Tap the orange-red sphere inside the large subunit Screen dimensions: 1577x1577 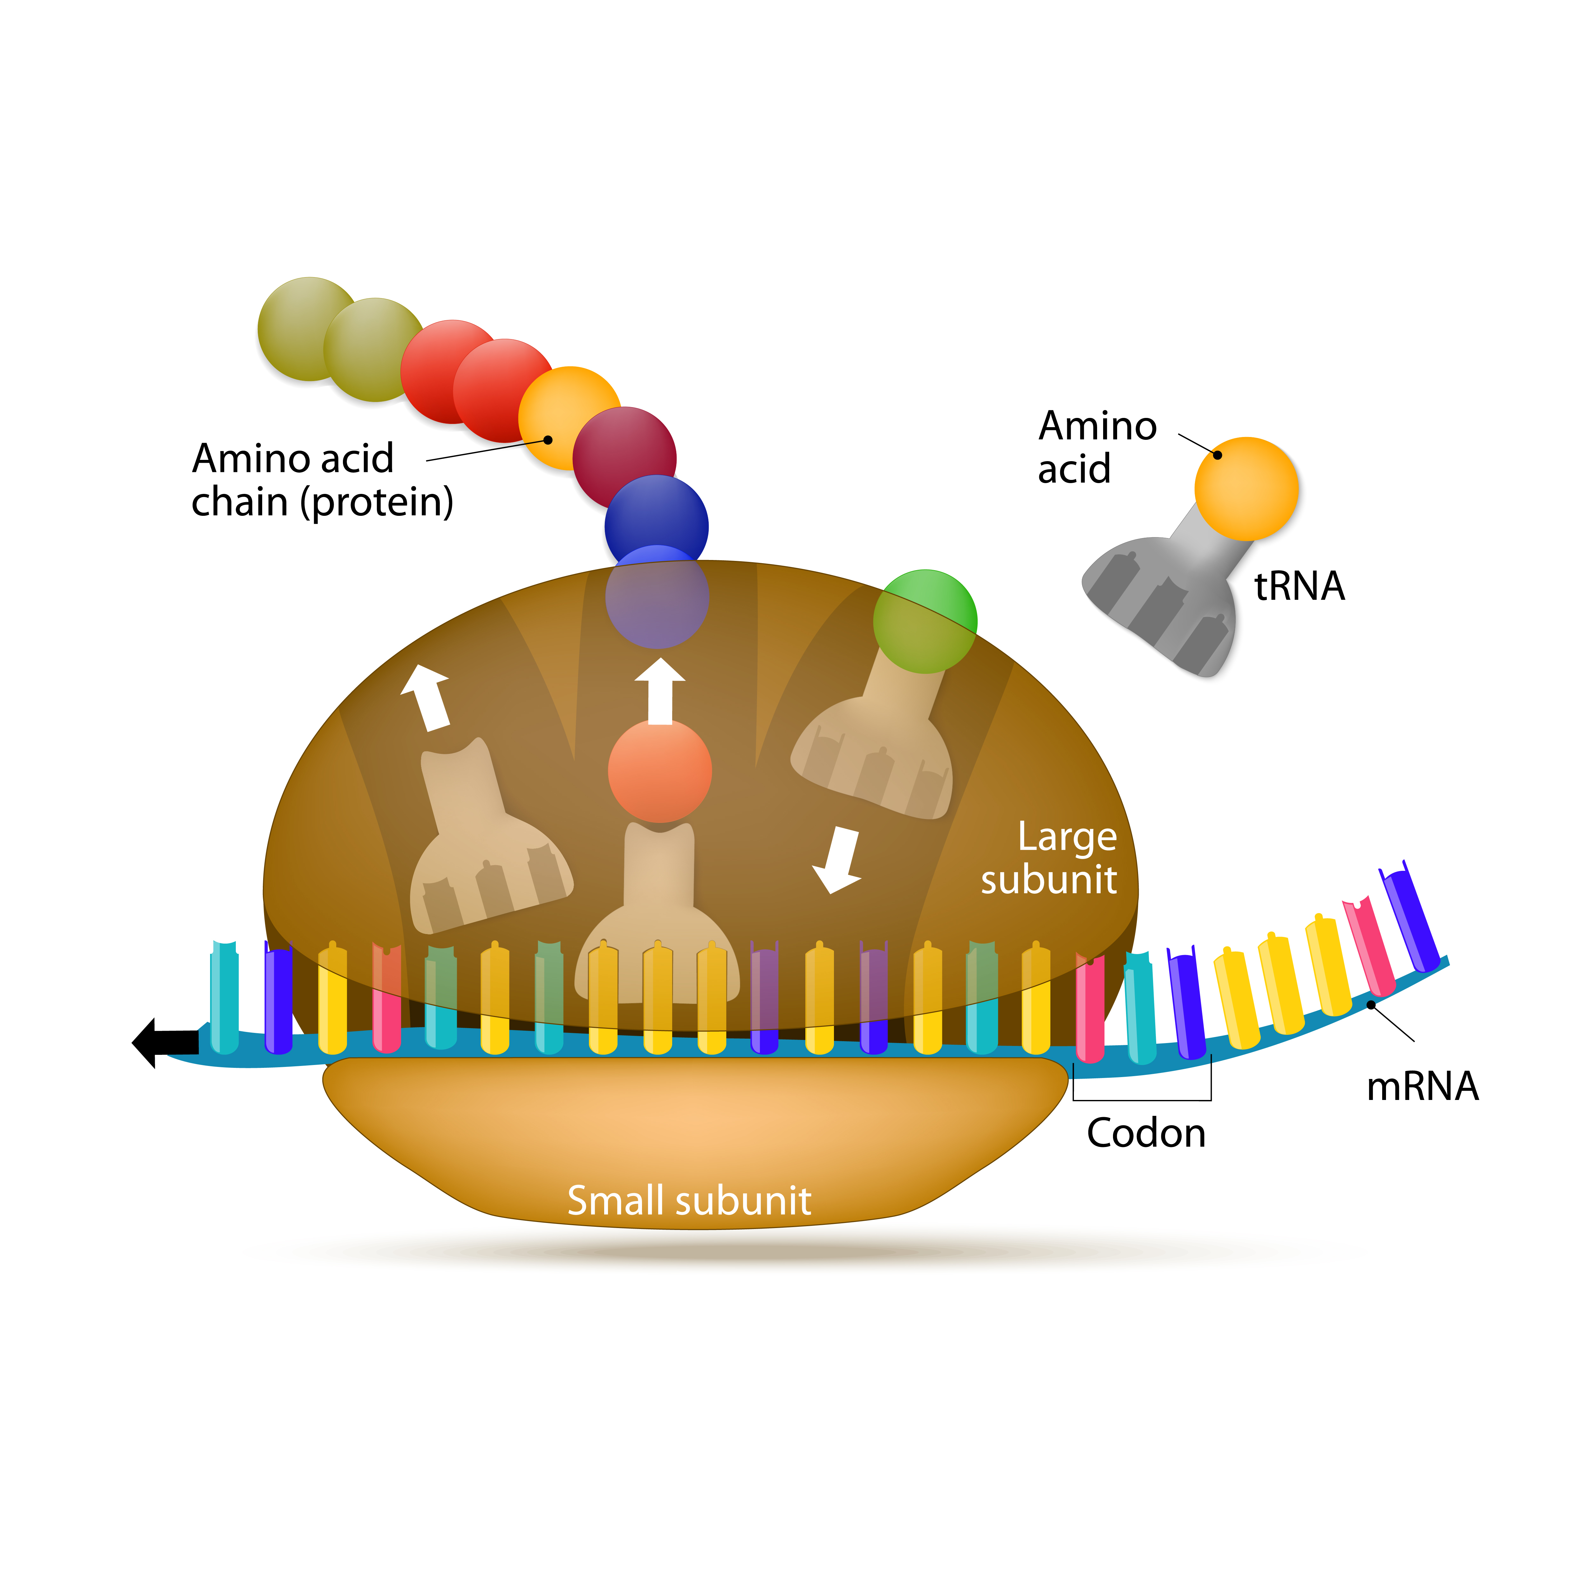pos(659,770)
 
